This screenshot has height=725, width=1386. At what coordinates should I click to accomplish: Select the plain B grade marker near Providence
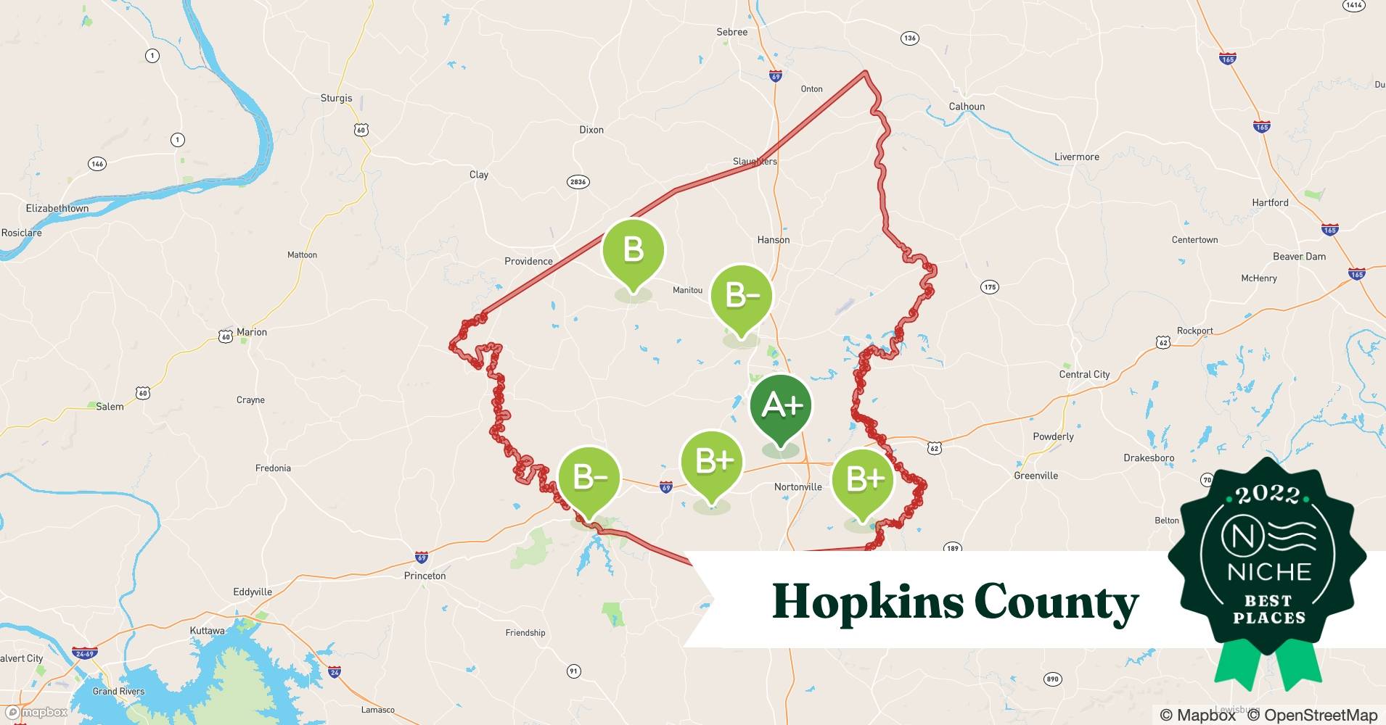point(633,252)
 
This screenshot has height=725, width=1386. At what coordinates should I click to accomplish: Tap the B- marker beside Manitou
point(741,297)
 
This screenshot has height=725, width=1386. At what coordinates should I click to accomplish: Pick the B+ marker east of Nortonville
point(862,480)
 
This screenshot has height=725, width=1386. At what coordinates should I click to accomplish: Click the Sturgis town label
point(336,98)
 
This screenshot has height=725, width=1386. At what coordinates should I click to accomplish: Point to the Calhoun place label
point(967,107)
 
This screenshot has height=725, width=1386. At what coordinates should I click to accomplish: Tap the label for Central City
point(1084,374)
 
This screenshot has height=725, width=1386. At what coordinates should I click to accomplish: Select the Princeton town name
point(425,576)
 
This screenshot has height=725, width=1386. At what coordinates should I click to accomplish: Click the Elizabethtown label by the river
point(57,208)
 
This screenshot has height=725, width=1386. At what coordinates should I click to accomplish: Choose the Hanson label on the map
point(773,240)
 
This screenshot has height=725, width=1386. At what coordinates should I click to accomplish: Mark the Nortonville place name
point(797,486)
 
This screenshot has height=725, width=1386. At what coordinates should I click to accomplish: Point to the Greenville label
point(1036,476)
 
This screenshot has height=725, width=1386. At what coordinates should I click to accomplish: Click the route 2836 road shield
point(578,182)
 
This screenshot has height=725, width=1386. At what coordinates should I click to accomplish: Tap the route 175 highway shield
point(990,287)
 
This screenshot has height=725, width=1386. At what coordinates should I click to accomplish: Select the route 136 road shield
point(909,38)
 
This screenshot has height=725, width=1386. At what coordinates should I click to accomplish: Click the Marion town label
point(251,332)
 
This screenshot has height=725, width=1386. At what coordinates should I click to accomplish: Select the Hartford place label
point(1270,202)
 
